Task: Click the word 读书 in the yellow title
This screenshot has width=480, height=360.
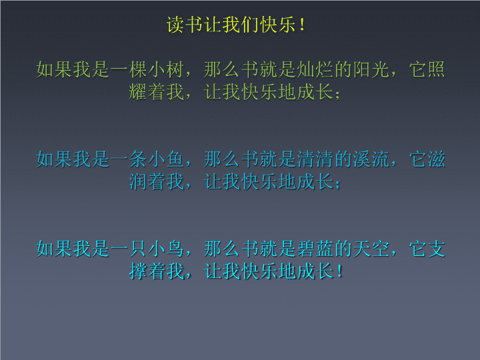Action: (185, 25)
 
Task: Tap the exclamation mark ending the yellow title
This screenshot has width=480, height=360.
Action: (303, 25)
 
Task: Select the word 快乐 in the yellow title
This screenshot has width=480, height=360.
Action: (278, 25)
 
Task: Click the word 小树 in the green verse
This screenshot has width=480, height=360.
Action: (166, 69)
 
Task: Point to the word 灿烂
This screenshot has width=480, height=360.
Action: (315, 69)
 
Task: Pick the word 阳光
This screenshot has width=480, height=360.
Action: (371, 69)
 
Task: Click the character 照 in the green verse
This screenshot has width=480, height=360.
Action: (436, 69)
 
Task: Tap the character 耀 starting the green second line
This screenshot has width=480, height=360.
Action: (138, 92)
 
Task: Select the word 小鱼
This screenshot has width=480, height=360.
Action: (166, 159)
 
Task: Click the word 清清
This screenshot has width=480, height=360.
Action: (315, 159)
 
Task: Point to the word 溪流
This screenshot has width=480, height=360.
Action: (371, 159)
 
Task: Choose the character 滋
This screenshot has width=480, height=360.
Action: (436, 159)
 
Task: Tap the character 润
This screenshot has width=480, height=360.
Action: (138, 182)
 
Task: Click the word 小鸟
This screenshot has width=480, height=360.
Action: (166, 249)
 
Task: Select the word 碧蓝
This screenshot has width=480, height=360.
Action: (315, 249)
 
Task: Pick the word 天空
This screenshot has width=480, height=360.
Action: (371, 249)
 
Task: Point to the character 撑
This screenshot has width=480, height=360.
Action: (138, 271)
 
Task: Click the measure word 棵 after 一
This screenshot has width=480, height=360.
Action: (138, 69)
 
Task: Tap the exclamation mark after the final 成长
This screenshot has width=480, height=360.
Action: (340, 271)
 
